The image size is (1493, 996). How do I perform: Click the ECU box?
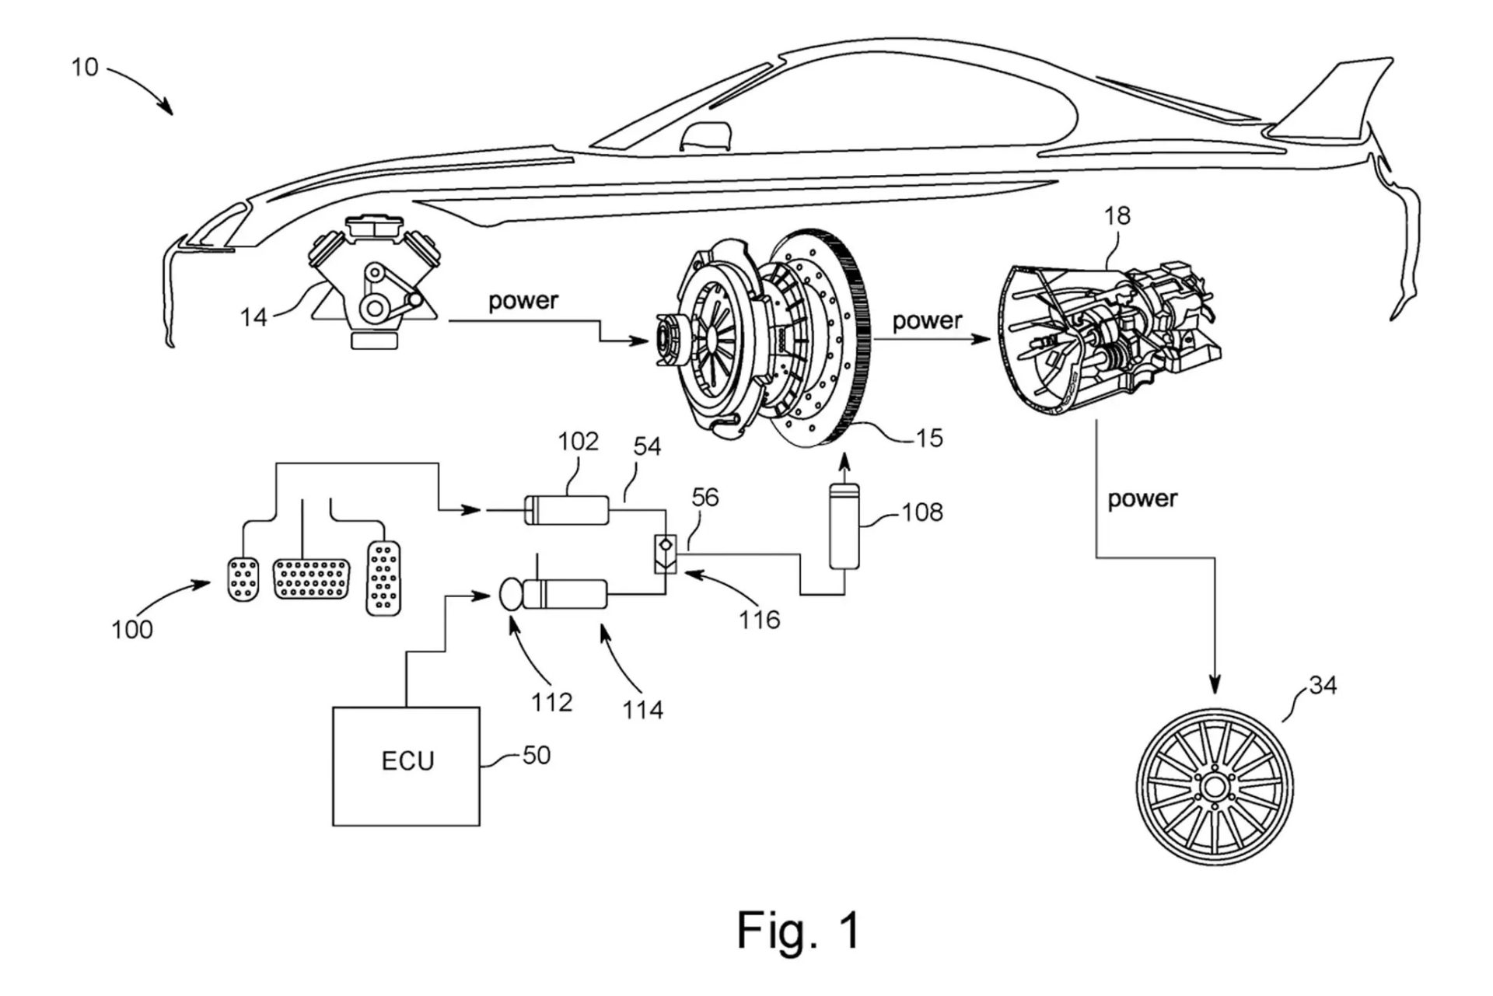pyautogui.click(x=406, y=766)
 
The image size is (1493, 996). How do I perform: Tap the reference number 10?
pyautogui.click(x=85, y=68)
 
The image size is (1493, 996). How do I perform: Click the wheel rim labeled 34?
pyautogui.click(x=1214, y=786)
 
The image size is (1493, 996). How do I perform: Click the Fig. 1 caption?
pyautogui.click(x=799, y=929)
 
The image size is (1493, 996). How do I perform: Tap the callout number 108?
pyautogui.click(x=922, y=512)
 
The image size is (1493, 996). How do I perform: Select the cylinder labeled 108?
pyautogui.click(x=844, y=526)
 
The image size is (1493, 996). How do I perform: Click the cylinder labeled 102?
pyautogui.click(x=566, y=510)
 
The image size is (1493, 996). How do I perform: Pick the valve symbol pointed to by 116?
pyautogui.click(x=666, y=554)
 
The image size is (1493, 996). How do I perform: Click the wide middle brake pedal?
pyautogui.click(x=311, y=578)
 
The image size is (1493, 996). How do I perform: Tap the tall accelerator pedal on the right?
pyautogui.click(x=383, y=578)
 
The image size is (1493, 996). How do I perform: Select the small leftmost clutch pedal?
pyautogui.click(x=243, y=578)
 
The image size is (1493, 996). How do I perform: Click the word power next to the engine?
pyautogui.click(x=523, y=301)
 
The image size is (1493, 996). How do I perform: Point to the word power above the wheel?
pyautogui.click(x=1142, y=498)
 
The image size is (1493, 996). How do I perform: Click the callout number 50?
pyautogui.click(x=537, y=755)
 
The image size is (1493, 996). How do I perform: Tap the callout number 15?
pyautogui.click(x=928, y=439)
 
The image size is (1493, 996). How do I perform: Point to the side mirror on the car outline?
pyautogui.click(x=706, y=136)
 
